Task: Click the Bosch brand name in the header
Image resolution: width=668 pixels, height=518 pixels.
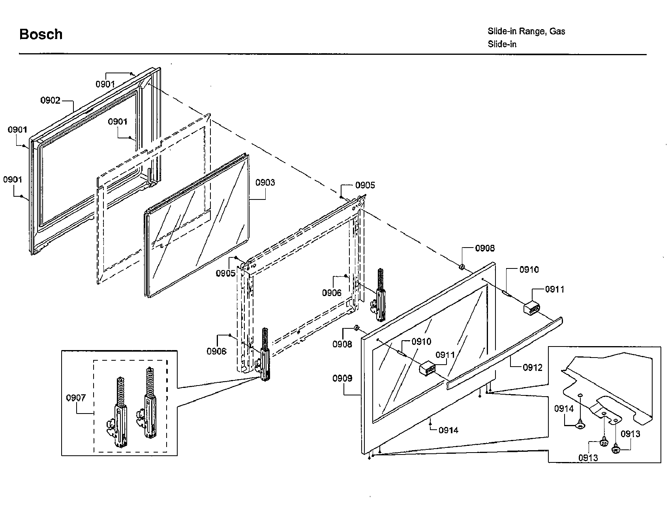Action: [x=41, y=34]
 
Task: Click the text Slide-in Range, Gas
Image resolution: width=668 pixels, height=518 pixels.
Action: [x=526, y=31]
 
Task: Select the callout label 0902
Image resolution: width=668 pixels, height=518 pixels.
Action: [x=50, y=100]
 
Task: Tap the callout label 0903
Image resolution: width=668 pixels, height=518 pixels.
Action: [x=265, y=183]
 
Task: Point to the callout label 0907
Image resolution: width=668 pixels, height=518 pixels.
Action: [x=76, y=397]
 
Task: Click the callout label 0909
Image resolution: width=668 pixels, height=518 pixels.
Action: [x=342, y=378]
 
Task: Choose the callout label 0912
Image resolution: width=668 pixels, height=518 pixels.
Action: [x=533, y=367]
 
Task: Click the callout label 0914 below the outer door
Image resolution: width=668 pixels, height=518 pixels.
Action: [x=448, y=430]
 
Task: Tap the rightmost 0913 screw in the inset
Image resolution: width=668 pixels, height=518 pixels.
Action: [x=616, y=449]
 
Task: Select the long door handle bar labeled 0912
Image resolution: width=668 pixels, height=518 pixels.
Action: [x=505, y=352]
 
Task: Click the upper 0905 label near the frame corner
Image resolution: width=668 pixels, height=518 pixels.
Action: [x=365, y=185]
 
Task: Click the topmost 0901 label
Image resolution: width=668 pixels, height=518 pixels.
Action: [x=105, y=84]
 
